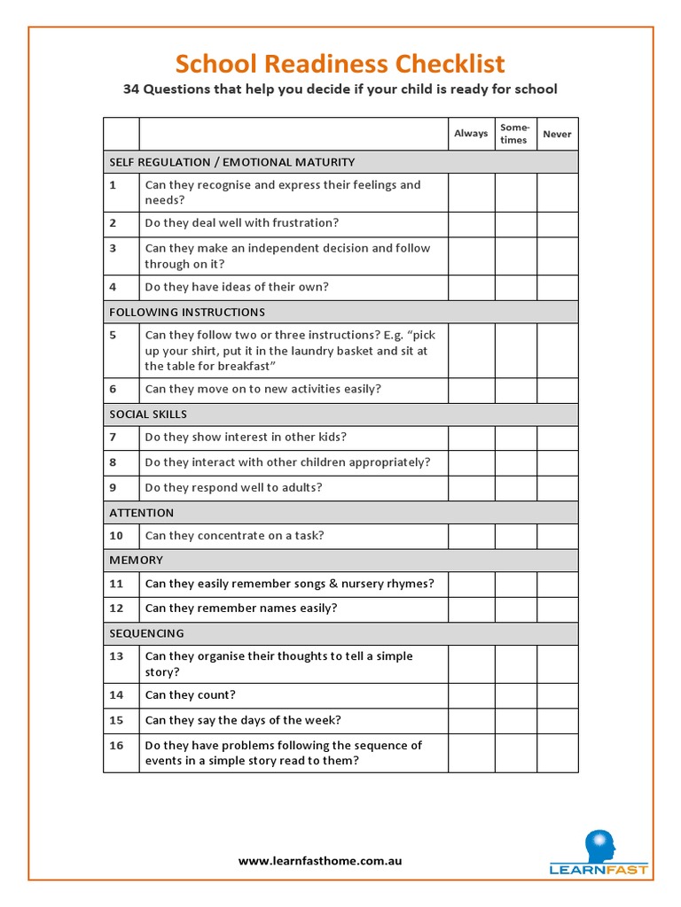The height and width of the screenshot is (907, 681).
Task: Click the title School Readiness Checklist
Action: (x=340, y=64)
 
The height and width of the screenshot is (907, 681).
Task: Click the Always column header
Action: (x=471, y=134)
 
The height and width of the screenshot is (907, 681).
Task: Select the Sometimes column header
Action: (x=514, y=134)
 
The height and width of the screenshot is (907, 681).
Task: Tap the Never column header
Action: (x=557, y=134)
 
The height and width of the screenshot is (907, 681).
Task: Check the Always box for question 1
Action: (x=471, y=192)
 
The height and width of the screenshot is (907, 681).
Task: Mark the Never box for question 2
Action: (x=557, y=223)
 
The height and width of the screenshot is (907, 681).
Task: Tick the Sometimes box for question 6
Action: (x=515, y=390)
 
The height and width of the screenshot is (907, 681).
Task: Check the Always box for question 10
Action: (x=471, y=536)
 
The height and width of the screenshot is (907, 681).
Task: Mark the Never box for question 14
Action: (x=557, y=695)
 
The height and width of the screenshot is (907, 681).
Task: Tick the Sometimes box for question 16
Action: (x=515, y=753)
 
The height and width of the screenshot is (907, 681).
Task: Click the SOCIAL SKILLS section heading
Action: (x=148, y=415)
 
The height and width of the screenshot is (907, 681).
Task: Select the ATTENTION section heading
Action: (x=142, y=513)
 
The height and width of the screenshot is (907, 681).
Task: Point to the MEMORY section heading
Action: (x=136, y=561)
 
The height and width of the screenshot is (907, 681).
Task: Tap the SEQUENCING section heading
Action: (x=146, y=633)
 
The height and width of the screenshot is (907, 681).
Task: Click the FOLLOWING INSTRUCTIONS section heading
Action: (x=187, y=312)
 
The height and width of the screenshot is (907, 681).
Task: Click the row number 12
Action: (x=117, y=609)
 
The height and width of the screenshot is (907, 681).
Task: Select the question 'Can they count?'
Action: (x=191, y=695)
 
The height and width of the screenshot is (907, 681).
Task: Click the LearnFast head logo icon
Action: (x=599, y=844)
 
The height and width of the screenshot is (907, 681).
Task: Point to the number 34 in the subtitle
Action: (x=130, y=89)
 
